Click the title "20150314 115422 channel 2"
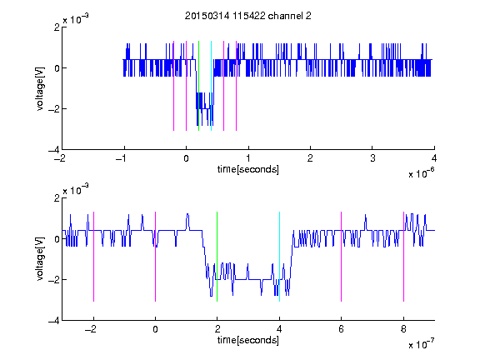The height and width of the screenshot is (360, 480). pyautogui.click(x=248, y=16)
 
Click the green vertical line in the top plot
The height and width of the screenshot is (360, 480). pyautogui.click(x=198, y=86)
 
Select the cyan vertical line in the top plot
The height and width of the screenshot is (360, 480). pyautogui.click(x=211, y=86)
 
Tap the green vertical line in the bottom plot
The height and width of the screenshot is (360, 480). pyautogui.click(x=217, y=257)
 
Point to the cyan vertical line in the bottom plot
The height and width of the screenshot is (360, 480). pyautogui.click(x=279, y=257)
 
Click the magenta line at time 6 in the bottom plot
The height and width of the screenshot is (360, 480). pyautogui.click(x=342, y=257)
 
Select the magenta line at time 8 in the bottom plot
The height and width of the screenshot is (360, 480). pyautogui.click(x=403, y=257)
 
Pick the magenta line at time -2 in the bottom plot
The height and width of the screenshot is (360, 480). pyautogui.click(x=93, y=257)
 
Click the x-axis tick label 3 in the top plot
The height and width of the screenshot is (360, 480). pyautogui.click(x=372, y=158)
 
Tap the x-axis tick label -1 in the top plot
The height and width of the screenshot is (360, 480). pyautogui.click(x=122, y=158)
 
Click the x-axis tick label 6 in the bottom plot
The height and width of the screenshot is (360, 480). pyautogui.click(x=342, y=329)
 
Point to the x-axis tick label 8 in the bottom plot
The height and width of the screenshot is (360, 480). pyautogui.click(x=403, y=329)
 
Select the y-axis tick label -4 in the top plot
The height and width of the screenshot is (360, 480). pyautogui.click(x=54, y=150)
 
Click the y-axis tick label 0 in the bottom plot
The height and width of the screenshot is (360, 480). pyautogui.click(x=57, y=239)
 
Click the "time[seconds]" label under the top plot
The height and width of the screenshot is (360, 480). pyautogui.click(x=248, y=169)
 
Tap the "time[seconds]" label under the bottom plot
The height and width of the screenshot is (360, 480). pyautogui.click(x=248, y=340)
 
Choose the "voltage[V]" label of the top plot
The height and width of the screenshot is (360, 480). pyautogui.click(x=40, y=88)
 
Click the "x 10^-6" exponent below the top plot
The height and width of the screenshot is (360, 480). pyautogui.click(x=421, y=173)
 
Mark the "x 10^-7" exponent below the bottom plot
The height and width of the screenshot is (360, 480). pyautogui.click(x=421, y=344)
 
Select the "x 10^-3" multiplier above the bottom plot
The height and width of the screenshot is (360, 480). pyautogui.click(x=76, y=190)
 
